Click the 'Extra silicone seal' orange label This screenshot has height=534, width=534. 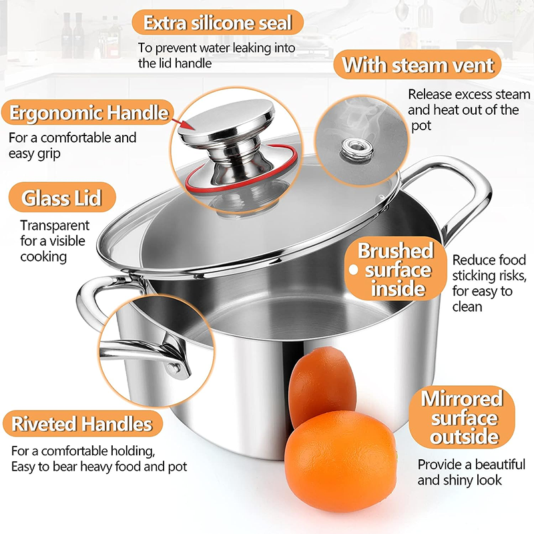point(218,23)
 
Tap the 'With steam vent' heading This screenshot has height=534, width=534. point(418,65)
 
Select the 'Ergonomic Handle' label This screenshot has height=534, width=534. point(88,113)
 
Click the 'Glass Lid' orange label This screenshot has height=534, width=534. point(61,198)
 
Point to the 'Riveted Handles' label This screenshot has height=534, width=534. point(81,423)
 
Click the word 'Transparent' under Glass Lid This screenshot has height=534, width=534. point(55,226)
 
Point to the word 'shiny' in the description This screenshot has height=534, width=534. point(465,479)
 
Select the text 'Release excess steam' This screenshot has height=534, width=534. point(469,94)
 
